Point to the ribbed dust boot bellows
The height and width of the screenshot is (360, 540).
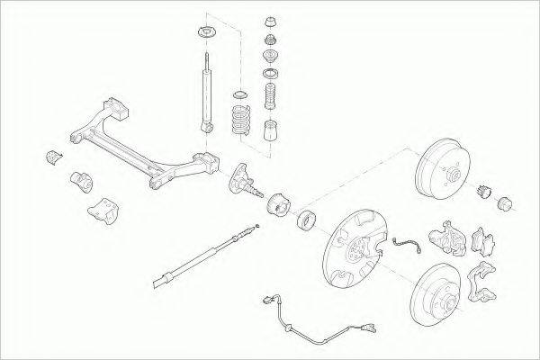point(269,97)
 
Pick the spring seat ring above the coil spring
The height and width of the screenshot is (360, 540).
point(240,94)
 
